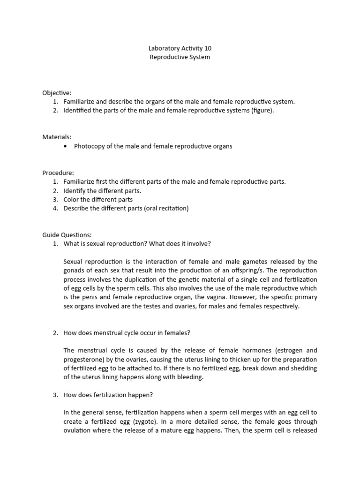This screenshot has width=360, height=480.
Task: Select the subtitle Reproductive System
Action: pyautogui.click(x=180, y=57)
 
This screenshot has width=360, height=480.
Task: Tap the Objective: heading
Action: pyautogui.click(x=57, y=93)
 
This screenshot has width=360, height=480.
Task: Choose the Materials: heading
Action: pyautogui.click(x=57, y=137)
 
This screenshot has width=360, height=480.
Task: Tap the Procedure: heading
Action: pyautogui.click(x=58, y=172)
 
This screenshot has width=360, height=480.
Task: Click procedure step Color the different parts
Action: pyautogui.click(x=98, y=199)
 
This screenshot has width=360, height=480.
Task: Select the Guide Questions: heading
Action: pyautogui.click(x=67, y=235)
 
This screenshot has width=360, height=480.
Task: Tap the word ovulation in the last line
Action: pyautogui.click(x=78, y=430)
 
